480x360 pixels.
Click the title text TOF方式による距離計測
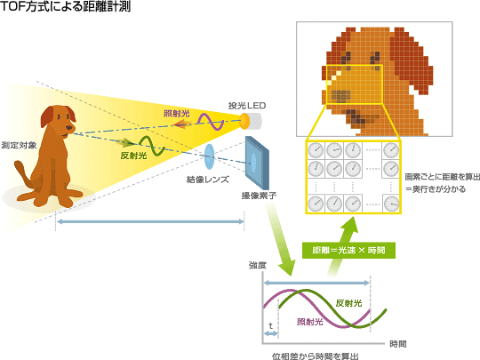[66, 6]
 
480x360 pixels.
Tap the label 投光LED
[247, 106]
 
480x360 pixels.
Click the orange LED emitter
[245, 121]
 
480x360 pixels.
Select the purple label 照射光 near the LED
[176, 114]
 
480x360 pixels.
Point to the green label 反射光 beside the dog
[133, 156]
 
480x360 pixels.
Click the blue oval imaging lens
[209, 156]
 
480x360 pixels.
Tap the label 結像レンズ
[208, 180]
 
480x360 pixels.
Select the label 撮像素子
[259, 196]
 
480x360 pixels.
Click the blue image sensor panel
[257, 163]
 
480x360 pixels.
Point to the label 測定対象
[19, 145]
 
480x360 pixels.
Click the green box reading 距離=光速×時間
[348, 250]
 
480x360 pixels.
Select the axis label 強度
[258, 265]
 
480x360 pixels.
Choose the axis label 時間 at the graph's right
[398, 344]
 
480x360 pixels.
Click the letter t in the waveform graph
[270, 325]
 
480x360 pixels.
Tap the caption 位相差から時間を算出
[316, 356]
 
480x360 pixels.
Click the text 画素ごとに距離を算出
[443, 177]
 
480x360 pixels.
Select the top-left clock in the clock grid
[316, 150]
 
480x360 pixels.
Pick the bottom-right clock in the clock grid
[391, 204]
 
